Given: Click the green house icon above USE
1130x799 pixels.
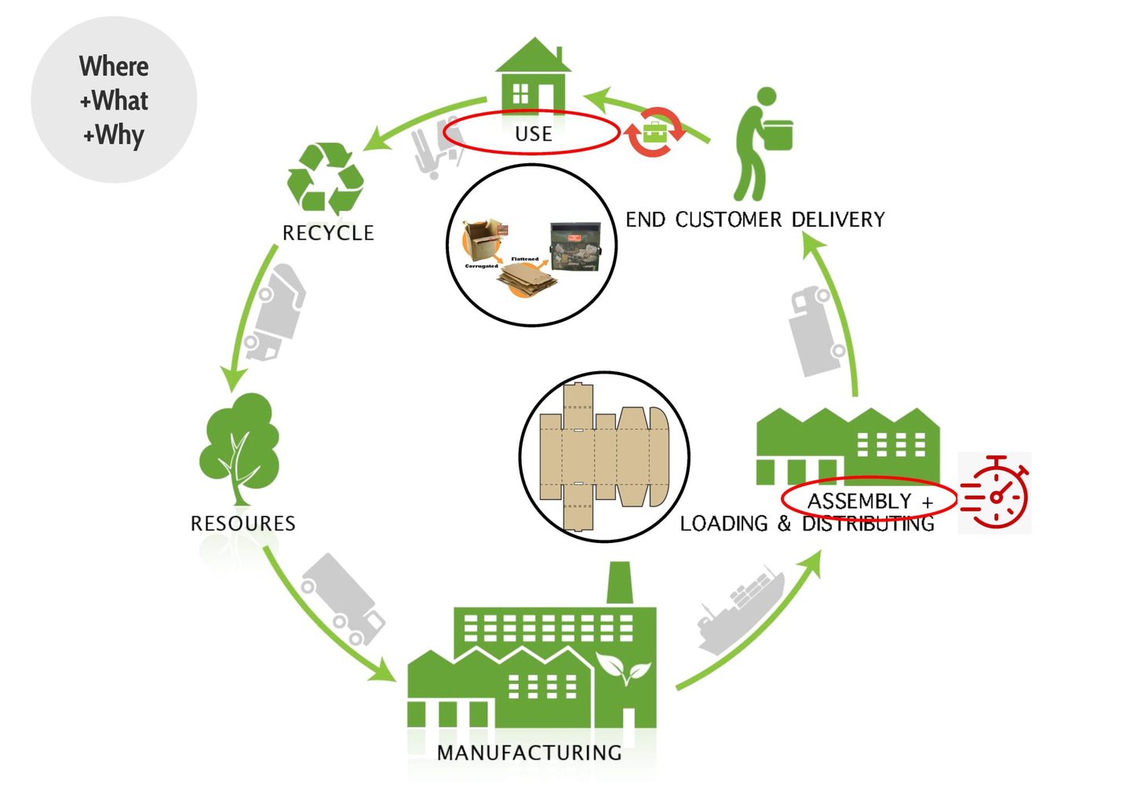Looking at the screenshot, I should (x=533, y=77).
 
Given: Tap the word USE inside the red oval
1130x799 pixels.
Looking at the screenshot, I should (x=534, y=134).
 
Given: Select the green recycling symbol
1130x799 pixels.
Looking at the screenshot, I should (x=325, y=178).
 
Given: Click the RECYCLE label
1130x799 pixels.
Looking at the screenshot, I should (x=328, y=233).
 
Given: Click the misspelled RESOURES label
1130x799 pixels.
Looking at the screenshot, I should (x=243, y=524).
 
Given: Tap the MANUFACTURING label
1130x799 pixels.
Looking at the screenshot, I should (x=530, y=753).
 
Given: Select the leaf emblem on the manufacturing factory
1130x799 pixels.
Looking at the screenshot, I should (x=624, y=669).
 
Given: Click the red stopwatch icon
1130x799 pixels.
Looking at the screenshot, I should (x=995, y=493).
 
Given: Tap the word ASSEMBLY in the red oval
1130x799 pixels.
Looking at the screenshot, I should (x=859, y=501).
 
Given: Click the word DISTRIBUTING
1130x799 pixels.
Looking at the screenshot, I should (x=868, y=524).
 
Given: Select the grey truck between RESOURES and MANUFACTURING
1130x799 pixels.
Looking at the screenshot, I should (x=343, y=599).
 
